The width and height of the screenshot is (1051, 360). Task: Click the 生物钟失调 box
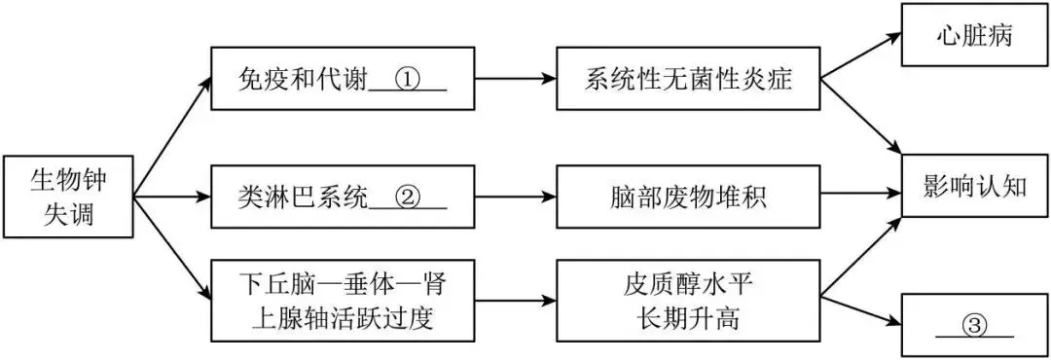[68, 198]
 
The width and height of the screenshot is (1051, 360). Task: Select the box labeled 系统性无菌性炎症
[688, 79]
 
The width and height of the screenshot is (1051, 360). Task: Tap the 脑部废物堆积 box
[688, 198]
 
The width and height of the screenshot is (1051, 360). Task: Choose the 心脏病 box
[974, 37]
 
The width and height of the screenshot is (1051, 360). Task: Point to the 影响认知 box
[974, 186]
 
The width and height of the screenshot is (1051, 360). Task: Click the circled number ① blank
[407, 82]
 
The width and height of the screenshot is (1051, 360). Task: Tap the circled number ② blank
[407, 199]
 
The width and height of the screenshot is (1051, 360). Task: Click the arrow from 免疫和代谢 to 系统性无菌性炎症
[516, 79]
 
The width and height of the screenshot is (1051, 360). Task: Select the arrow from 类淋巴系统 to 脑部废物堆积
[516, 198]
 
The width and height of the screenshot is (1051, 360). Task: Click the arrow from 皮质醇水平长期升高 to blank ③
[860, 310]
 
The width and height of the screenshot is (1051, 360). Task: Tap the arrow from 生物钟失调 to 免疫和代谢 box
[172, 137]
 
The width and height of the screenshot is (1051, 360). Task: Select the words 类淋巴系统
[303, 198]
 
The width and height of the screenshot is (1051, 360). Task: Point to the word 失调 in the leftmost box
[68, 215]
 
